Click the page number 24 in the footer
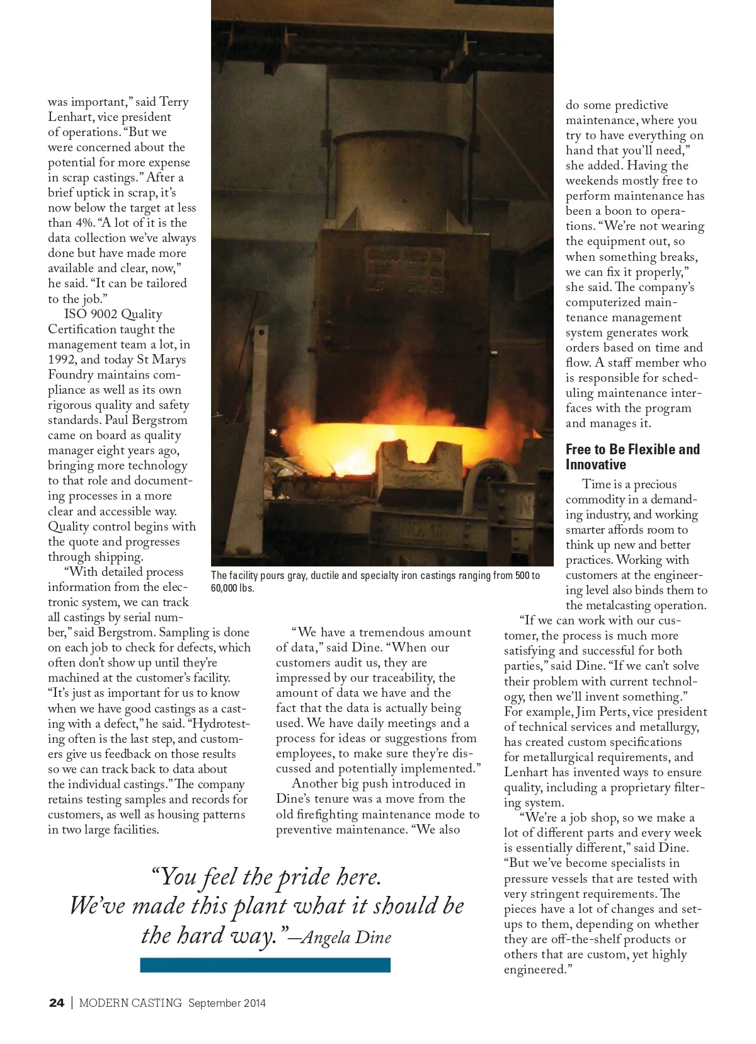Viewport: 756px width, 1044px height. point(56,1003)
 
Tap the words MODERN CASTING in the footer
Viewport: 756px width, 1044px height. point(130,1003)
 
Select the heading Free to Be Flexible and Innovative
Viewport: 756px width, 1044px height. point(632,457)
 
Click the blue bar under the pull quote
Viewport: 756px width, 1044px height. point(265,965)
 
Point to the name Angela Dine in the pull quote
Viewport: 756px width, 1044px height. point(346,938)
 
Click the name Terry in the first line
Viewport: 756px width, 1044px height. point(174,102)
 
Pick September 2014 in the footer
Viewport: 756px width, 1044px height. point(227,1003)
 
